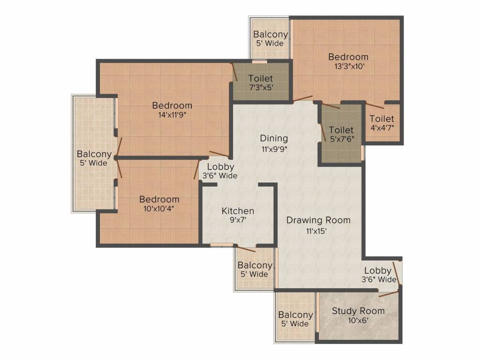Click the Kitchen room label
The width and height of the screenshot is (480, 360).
238,211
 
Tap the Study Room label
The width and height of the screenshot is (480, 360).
358,311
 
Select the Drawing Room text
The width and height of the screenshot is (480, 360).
318,220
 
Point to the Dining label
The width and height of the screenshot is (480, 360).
274,138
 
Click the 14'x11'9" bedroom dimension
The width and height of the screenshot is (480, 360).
172,115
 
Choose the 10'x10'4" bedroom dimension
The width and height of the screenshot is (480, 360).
159,209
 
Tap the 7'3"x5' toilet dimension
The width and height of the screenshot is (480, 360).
261,87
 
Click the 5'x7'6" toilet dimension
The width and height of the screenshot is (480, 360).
341,138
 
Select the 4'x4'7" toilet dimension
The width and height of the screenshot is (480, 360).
382,127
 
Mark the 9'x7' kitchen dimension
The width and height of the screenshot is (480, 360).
238,220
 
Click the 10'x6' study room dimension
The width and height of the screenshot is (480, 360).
358,320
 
